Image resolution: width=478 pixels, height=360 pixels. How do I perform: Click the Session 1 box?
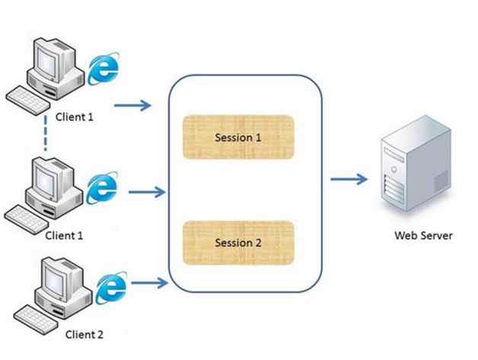(238, 139)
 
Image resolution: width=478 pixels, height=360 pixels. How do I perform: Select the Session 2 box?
(238, 243)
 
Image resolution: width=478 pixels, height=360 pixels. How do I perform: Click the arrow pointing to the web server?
(349, 180)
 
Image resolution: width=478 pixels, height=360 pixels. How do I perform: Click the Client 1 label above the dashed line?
(75, 118)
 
